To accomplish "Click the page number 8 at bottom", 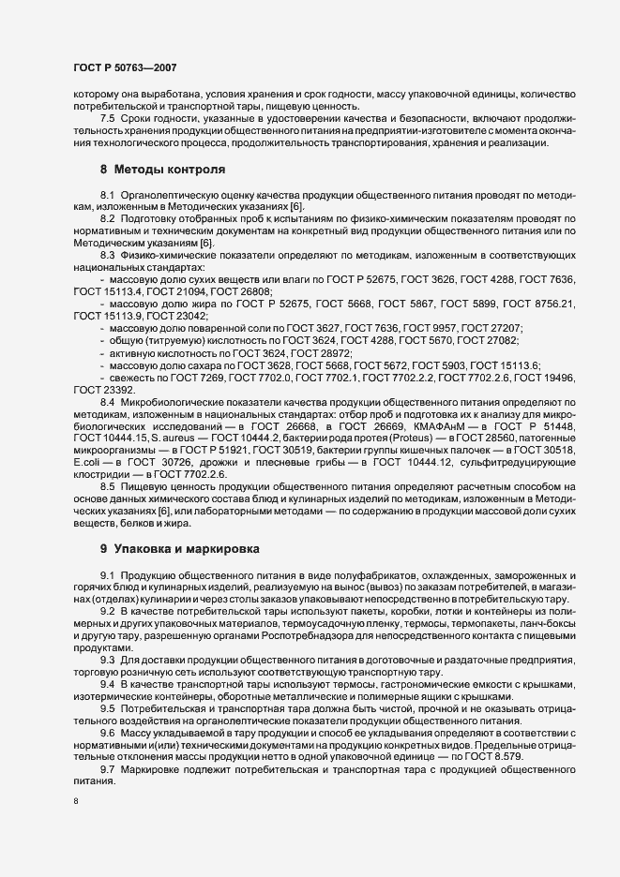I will [x=75, y=801].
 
